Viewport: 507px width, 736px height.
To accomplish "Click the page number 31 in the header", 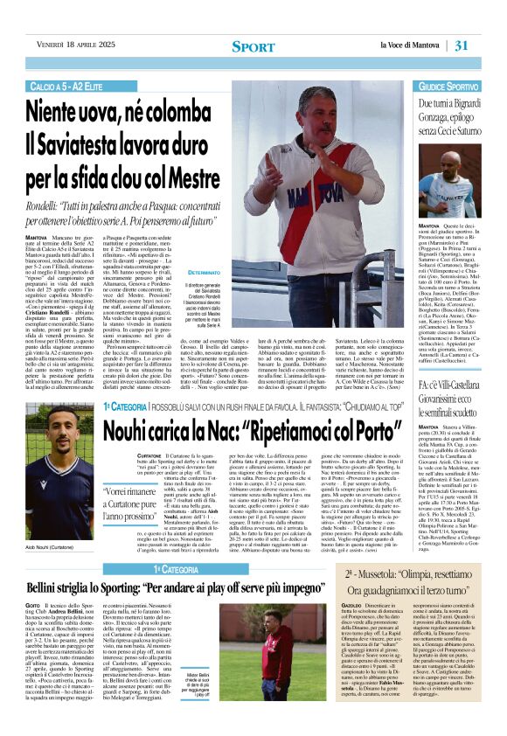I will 485,45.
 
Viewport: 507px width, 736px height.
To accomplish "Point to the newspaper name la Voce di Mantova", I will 415,45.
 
